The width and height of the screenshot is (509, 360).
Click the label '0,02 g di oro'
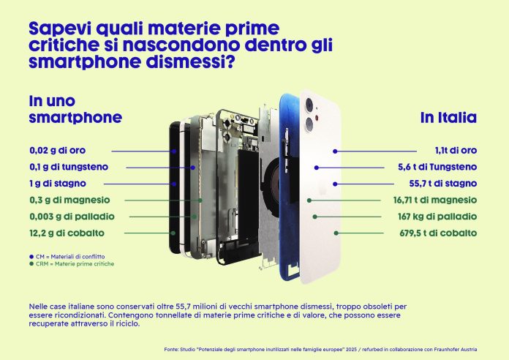coord(58,151)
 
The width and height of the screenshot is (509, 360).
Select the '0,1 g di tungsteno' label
coord(69,167)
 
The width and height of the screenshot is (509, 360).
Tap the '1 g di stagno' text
coord(58,184)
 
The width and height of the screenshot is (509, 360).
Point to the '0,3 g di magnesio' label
coord(69,200)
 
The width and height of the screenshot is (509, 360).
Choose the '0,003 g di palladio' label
coord(72,217)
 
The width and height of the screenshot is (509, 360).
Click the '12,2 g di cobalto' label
coord(67,233)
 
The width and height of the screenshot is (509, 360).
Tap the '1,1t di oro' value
coord(456,151)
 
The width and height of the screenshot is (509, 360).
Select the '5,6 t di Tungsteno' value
coord(437,167)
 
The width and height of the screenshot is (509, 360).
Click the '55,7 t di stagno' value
coord(442,184)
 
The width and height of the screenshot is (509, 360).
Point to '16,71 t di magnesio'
coord(435,200)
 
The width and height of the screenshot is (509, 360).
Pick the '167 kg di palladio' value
coord(437,217)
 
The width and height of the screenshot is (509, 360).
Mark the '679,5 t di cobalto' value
coord(438,233)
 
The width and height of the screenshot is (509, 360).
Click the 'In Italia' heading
coord(448,117)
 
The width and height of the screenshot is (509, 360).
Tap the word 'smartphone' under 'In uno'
coord(75,118)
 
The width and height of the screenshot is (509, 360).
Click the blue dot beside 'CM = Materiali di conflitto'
coord(31,257)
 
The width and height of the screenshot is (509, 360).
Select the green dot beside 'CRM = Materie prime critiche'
coord(31,264)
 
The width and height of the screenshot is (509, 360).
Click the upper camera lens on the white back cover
coord(309,105)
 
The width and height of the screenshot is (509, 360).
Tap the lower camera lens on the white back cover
coord(309,125)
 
